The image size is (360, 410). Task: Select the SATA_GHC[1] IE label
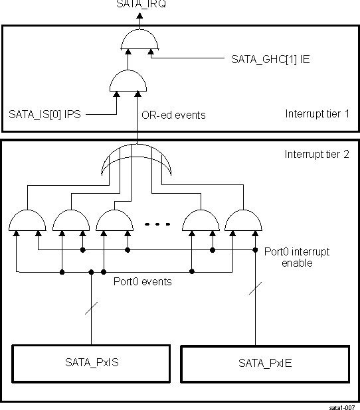tap(270, 59)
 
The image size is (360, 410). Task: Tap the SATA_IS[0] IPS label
tap(45, 114)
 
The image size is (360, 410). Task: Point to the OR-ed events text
tap(173, 115)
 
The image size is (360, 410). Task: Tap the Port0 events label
tap(143, 281)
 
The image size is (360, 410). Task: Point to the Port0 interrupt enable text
tap(296, 257)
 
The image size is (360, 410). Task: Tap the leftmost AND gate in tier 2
tap(28, 220)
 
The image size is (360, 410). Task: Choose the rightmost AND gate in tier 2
tap(242, 220)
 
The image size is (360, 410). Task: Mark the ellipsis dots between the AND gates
tap(157, 224)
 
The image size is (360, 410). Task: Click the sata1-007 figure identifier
tap(343, 403)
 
